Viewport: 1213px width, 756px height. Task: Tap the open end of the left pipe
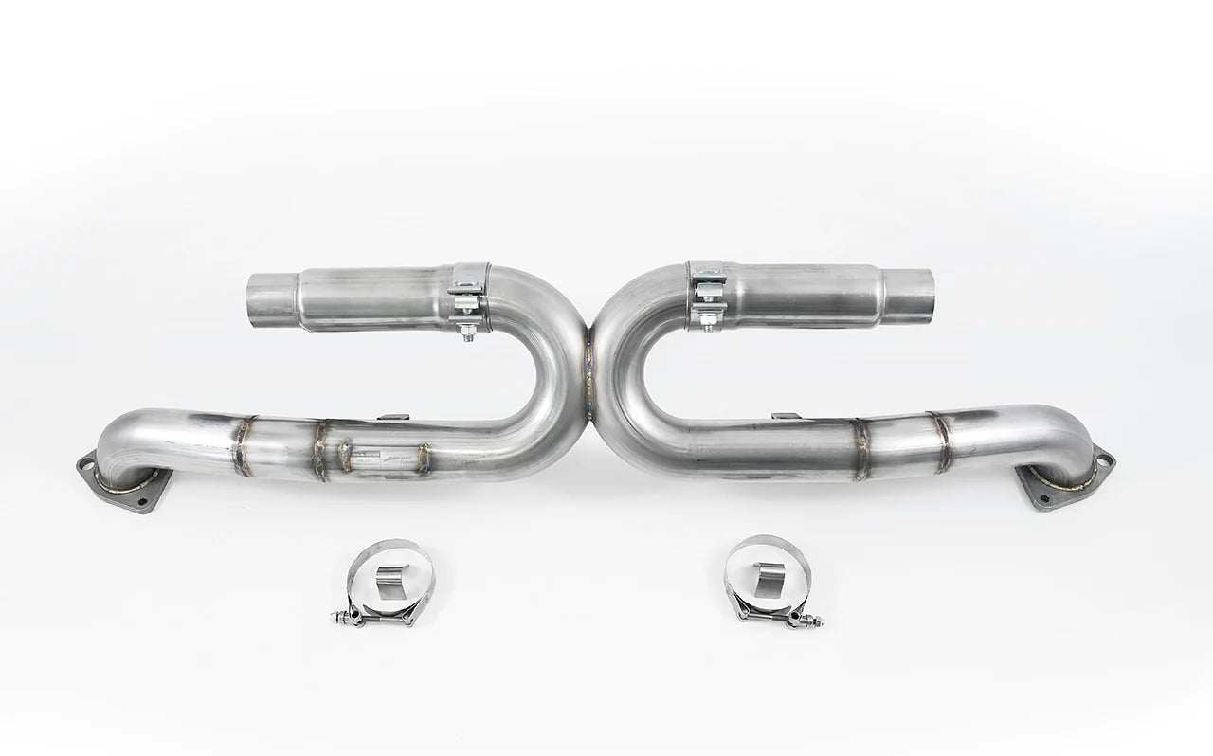coord(265,297)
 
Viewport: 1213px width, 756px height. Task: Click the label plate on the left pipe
coord(384,458)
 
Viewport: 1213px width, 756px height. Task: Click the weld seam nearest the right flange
coord(941,441)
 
